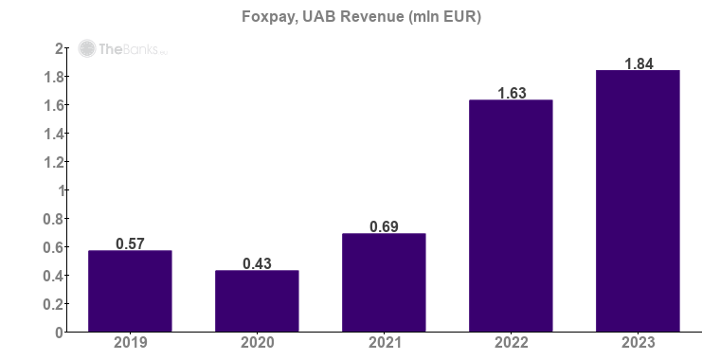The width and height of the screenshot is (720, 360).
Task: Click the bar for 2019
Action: click(130, 292)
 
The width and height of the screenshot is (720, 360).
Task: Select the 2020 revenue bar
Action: click(257, 301)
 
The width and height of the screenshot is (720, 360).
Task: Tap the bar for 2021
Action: click(384, 283)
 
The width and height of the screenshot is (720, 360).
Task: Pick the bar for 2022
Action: click(511, 216)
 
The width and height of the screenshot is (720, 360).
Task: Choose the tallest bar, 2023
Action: click(638, 201)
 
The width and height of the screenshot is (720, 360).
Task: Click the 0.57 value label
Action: click(130, 244)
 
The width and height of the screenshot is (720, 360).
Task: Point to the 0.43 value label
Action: click(257, 264)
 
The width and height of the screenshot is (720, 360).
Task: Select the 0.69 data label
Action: click(384, 227)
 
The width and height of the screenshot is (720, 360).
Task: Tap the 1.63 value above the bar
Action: click(511, 94)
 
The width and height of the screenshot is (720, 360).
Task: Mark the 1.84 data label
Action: click(638, 64)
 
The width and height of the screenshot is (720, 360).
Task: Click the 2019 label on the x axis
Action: click(130, 344)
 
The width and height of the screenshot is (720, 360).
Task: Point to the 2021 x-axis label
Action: click(384, 344)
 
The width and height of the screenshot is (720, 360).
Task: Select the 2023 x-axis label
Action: click(638, 344)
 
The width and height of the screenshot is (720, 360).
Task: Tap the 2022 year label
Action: click(511, 344)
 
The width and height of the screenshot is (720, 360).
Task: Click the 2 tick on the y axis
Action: click(59, 48)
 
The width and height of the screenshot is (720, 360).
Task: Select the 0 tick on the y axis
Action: click(59, 333)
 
